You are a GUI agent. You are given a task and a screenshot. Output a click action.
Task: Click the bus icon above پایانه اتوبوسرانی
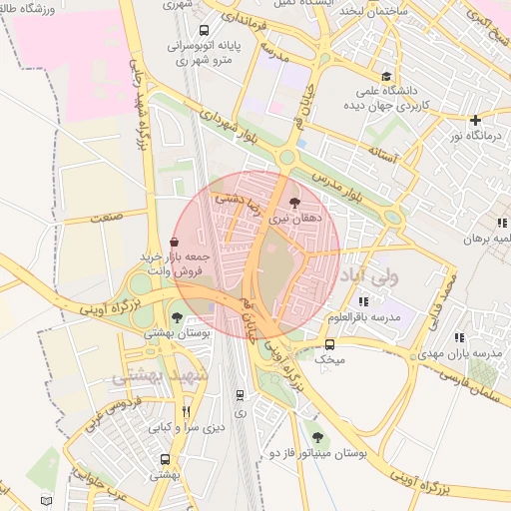point(205,30)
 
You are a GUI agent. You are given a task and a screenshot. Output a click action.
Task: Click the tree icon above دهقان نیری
point(293,202)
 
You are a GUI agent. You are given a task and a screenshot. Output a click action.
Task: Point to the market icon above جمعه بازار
point(175,242)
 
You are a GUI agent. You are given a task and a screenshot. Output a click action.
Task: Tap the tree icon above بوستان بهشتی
point(177,317)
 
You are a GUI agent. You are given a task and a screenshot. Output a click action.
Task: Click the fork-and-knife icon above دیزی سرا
point(186,411)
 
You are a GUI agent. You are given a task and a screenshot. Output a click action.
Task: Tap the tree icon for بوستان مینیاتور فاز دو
point(317,437)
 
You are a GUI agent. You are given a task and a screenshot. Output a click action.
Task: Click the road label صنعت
point(103,215)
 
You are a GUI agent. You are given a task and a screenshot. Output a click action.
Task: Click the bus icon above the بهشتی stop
point(165,460)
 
